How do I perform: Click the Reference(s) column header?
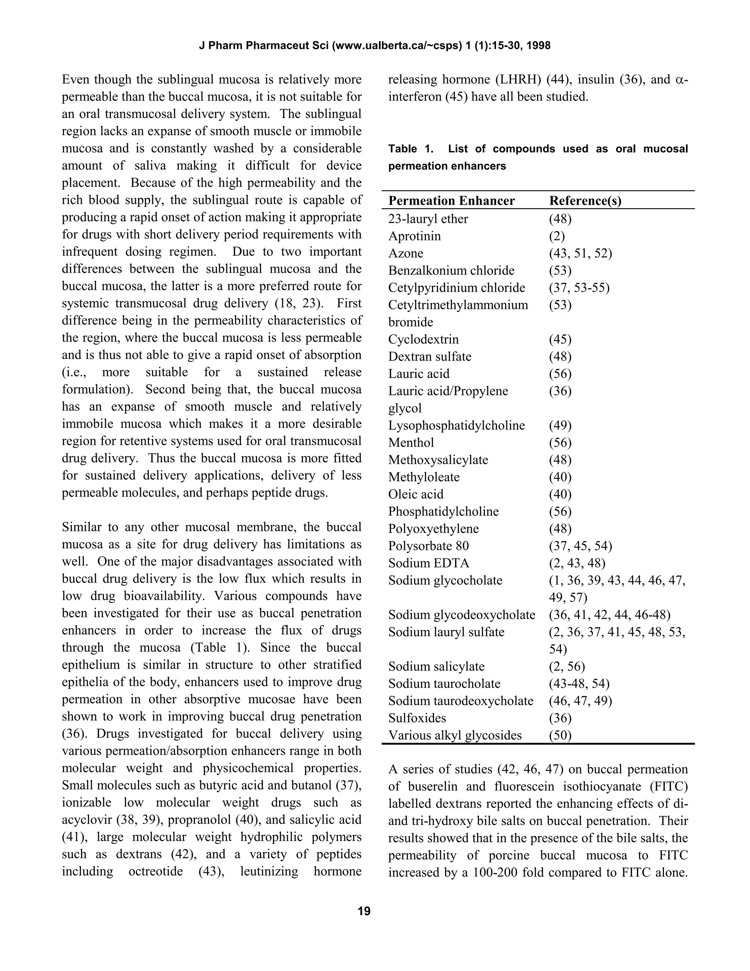coord(585,201)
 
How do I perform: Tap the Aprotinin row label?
coord(414,236)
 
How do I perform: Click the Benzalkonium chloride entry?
coord(451,270)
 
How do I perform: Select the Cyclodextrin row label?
coord(423,339)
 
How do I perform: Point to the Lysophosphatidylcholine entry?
coord(456,425)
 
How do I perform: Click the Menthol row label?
coord(411,443)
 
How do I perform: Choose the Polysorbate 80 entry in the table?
coord(428,546)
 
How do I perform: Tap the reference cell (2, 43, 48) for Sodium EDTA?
coord(577,563)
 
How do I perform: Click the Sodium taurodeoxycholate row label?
coord(460,701)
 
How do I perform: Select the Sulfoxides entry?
coord(417,718)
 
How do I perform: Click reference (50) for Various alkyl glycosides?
coord(560,735)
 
